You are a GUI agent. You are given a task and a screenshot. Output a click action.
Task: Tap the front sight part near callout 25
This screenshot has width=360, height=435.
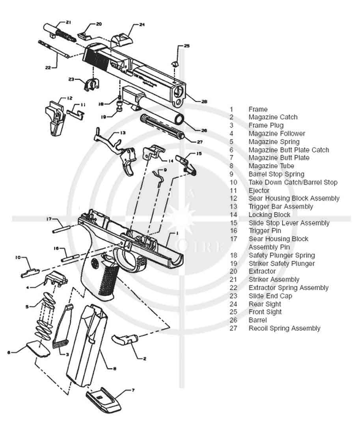175,63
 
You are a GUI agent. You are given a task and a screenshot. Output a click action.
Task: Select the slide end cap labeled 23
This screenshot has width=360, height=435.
92,84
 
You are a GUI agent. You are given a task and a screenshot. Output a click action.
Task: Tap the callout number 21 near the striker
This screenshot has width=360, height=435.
69,22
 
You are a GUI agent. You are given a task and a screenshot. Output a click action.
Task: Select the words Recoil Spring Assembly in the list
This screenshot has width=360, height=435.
284,328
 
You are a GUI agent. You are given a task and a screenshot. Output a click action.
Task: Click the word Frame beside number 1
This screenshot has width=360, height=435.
257,109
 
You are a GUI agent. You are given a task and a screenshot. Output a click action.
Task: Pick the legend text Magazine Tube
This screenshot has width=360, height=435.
271,166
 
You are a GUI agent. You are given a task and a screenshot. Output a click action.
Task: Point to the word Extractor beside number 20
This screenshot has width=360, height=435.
262,271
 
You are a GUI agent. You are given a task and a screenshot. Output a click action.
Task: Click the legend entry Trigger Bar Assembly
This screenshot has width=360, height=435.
280,206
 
